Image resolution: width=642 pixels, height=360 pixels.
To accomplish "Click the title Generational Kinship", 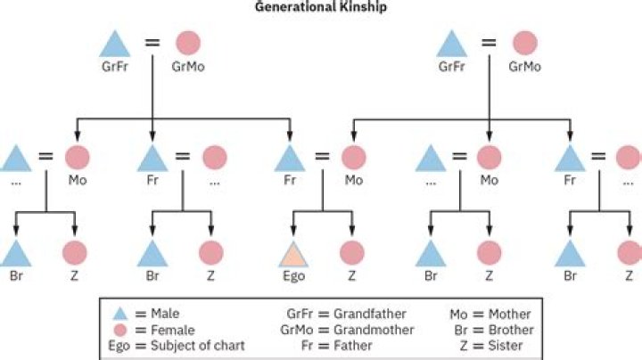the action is [x=321, y=7].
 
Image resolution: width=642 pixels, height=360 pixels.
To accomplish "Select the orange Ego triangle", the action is [x=293, y=255].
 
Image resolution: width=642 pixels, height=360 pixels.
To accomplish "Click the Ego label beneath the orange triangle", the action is [x=293, y=276].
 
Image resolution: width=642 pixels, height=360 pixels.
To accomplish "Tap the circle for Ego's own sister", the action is [x=352, y=253].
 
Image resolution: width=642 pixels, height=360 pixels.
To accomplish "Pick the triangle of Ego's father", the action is [x=290, y=159].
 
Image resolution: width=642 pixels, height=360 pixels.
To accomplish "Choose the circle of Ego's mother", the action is [x=354, y=158].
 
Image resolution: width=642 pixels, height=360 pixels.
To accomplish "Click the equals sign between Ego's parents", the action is [x=322, y=156].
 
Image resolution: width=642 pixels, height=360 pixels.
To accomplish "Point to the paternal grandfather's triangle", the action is [x=115, y=45].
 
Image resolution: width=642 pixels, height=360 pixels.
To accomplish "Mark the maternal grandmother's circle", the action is [x=525, y=43].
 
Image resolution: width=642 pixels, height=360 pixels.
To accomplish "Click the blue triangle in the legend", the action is [x=120, y=314].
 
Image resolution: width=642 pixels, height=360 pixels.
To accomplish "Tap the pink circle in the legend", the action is [x=120, y=330].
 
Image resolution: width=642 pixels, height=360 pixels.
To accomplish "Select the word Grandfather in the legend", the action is [x=370, y=314].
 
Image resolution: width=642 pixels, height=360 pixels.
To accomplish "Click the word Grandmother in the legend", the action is [x=374, y=330].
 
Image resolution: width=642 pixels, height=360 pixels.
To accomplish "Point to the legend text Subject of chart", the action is [x=198, y=346].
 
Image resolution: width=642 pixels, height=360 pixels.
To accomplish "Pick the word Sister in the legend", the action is [x=506, y=346].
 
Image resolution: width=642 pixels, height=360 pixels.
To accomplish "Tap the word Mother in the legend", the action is [x=509, y=315].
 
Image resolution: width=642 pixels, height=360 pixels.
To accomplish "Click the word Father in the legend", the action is [x=353, y=346].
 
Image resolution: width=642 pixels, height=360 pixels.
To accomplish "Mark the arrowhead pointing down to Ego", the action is [x=293, y=231].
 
